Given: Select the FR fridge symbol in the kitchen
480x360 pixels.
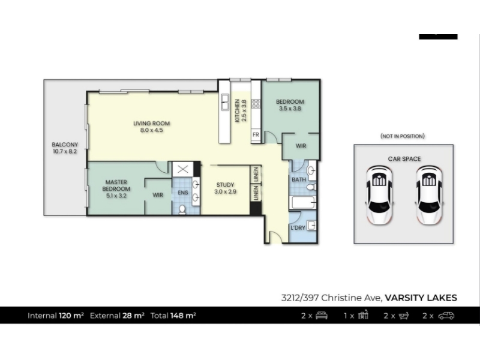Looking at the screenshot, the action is [256, 134].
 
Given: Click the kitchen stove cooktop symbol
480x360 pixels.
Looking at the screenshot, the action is [256, 104].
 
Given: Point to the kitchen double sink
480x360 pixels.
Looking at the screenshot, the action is [225, 102].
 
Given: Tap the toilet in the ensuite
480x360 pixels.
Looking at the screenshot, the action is [182, 209].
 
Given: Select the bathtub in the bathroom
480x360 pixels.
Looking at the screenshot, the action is [302, 202].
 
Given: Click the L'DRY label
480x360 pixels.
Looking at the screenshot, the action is [298, 228].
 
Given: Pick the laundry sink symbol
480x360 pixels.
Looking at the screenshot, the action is [311, 226].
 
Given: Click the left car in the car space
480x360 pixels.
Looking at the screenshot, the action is [379, 196].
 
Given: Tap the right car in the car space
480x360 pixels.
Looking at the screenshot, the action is [428, 196].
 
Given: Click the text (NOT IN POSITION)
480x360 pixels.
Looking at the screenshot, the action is [403, 136].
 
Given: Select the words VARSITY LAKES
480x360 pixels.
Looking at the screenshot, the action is [421, 298].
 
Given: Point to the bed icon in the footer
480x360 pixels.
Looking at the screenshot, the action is [322, 316].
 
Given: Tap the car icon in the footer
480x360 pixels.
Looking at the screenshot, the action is [446, 316].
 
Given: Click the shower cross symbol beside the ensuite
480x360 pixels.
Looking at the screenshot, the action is [183, 169].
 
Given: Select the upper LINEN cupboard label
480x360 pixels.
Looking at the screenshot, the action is [256, 174].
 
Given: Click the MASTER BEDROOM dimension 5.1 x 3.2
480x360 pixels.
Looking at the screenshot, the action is [116, 196].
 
